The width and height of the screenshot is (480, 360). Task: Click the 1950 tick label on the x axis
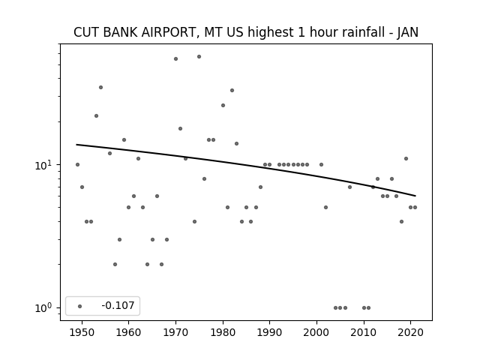82,332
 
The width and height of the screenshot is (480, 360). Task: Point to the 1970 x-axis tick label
175,332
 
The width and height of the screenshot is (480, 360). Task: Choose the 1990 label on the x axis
270,332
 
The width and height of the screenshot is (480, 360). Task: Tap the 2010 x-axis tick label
364,332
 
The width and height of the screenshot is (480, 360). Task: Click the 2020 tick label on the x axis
410,332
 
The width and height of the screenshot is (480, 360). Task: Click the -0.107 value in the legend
118,305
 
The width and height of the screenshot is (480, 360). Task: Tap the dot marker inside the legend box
80,306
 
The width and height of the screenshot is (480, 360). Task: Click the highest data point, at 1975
199,57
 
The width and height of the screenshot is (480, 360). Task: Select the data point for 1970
175,58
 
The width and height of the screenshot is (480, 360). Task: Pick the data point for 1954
100,87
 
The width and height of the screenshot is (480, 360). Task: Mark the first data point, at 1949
77,165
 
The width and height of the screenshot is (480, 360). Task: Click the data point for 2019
406,158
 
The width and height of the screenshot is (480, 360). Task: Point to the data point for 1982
232,90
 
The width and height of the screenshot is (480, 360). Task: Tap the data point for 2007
349,187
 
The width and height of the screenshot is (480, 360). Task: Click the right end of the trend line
415,196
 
